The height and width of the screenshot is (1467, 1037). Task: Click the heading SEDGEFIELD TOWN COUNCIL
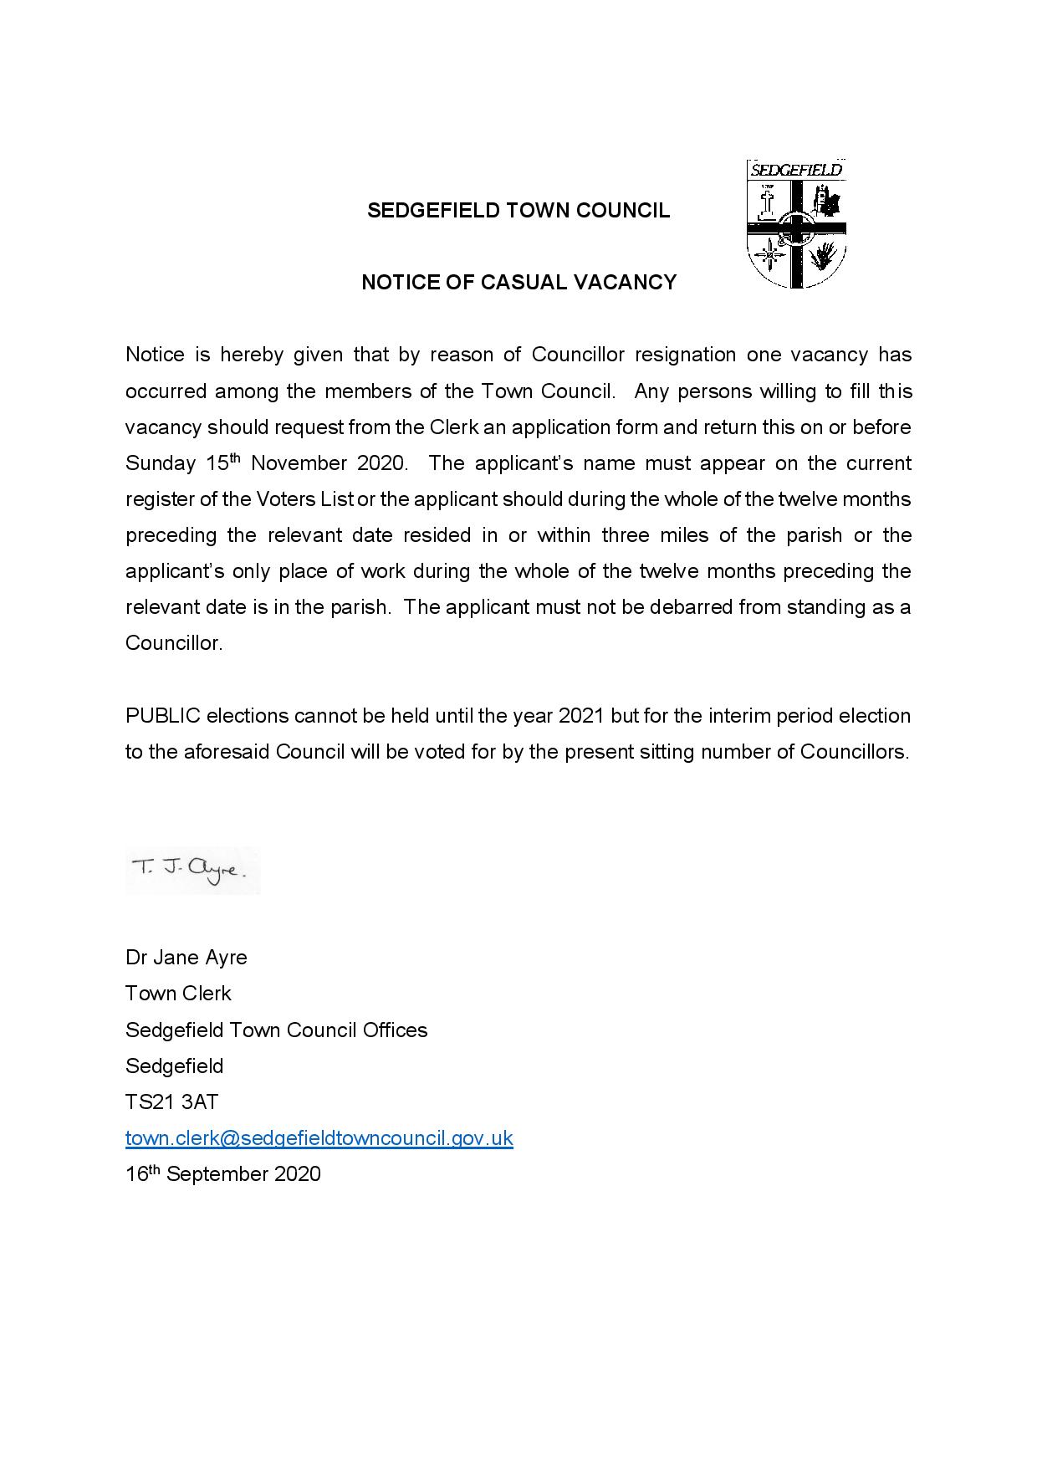tap(518, 211)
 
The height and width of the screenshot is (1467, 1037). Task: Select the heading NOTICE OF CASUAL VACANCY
tap(518, 283)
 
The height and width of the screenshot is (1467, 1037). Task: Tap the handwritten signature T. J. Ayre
tap(189, 870)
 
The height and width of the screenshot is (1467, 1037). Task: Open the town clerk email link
tap(319, 1138)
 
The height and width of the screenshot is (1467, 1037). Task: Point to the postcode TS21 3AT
tap(171, 1102)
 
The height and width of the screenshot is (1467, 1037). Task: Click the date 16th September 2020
tap(222, 1174)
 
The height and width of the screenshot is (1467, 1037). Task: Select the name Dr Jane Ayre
tap(186, 958)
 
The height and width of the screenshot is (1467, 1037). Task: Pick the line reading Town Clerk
tap(178, 994)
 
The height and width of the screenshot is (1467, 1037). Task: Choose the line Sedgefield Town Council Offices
tap(276, 1030)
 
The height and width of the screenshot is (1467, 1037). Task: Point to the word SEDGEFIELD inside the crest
tap(795, 170)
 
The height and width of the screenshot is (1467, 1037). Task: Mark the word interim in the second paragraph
tap(739, 717)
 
